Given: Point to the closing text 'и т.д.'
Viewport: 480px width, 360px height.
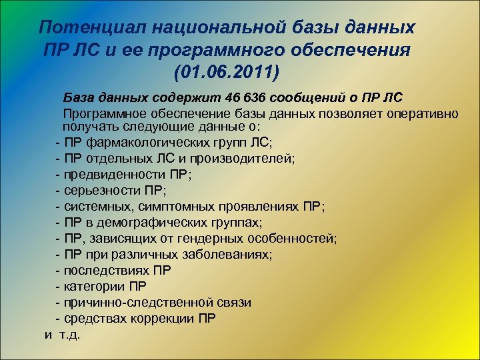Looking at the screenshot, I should tap(62, 334).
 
